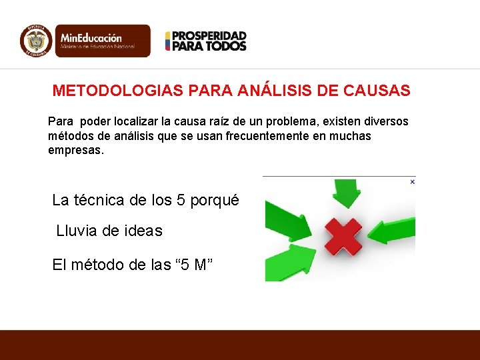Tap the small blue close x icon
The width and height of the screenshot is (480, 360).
[x=412, y=181]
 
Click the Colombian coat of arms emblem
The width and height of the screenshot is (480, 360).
[x=35, y=41]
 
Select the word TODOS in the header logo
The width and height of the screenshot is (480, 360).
[x=226, y=46]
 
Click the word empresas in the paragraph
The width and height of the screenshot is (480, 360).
[x=75, y=150]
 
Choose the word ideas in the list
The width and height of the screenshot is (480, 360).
[x=143, y=231]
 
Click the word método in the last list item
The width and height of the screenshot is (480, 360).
[x=99, y=265]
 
